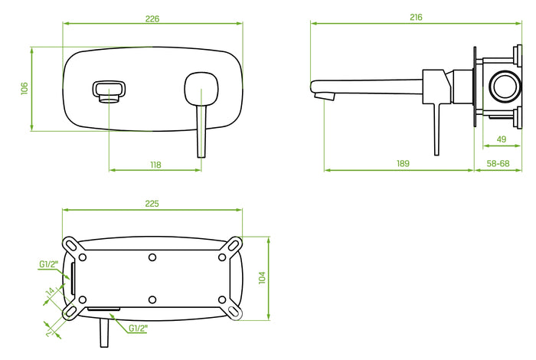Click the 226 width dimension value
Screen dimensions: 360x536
pyautogui.click(x=152, y=18)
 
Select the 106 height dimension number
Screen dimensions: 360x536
pyautogui.click(x=25, y=89)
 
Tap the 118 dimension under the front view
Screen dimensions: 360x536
pyautogui.click(x=155, y=163)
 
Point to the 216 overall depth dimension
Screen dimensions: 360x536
pyautogui.click(x=416, y=17)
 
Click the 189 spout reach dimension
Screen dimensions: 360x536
pyautogui.click(x=403, y=163)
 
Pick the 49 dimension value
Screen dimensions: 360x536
pyautogui.click(x=502, y=139)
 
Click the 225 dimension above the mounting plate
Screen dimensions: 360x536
pyautogui.click(x=152, y=204)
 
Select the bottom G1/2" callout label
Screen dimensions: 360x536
pyautogui.click(x=139, y=328)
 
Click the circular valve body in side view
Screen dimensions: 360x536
pyautogui.click(x=505, y=86)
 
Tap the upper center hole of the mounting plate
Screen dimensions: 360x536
pyautogui.click(x=152, y=256)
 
